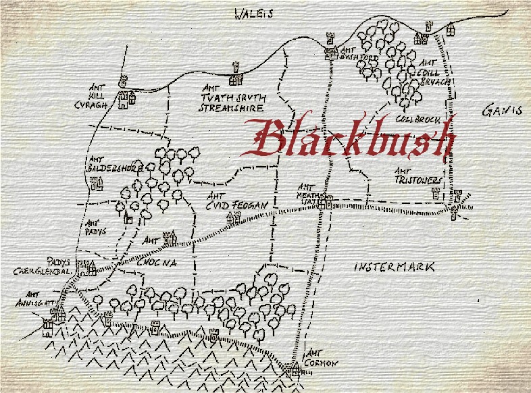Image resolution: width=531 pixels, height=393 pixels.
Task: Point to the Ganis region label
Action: (503, 111)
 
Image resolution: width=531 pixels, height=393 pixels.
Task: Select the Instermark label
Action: (395, 267)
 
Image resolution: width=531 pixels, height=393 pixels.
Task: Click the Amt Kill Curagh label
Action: (99, 97)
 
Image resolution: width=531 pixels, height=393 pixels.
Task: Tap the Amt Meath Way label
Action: (307, 191)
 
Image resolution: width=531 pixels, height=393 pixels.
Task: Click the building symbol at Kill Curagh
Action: (126, 100)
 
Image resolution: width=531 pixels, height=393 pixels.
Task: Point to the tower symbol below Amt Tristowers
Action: (436, 194)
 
